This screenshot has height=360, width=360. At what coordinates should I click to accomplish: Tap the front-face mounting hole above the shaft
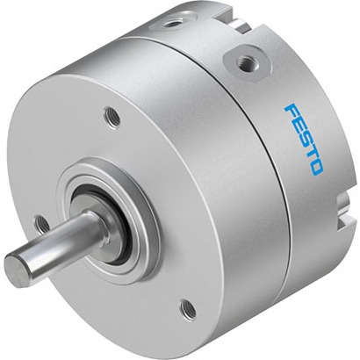112,118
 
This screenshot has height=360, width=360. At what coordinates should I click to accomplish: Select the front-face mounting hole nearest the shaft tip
42,225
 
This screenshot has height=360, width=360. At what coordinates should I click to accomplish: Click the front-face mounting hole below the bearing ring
188,309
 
